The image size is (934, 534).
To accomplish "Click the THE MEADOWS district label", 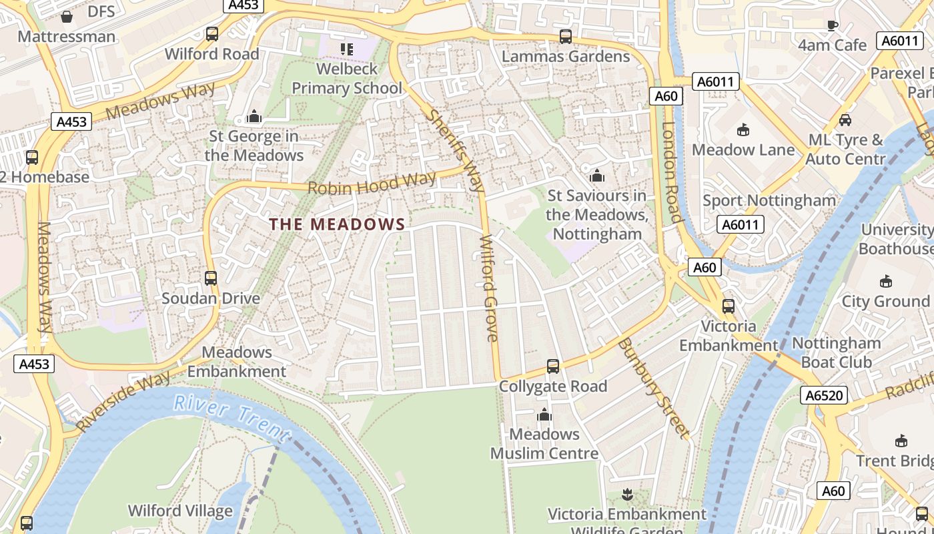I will point(338,224).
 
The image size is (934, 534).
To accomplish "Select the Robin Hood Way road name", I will point(372,183).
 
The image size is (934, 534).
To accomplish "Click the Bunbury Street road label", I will point(652,388).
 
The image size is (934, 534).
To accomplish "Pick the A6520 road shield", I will point(825,395).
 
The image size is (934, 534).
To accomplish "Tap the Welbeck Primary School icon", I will point(346,49).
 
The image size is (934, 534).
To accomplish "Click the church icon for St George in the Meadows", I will point(254,117).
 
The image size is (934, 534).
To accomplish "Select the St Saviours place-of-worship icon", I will point(596,176).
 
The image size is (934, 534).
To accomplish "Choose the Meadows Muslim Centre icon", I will point(544,415).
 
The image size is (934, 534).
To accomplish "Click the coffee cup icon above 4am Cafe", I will point(832,26).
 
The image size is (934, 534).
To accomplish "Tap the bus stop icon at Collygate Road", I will point(552,366).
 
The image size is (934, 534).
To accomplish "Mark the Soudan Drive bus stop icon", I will point(211,278).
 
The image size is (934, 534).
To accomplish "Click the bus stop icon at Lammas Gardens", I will point(565,37).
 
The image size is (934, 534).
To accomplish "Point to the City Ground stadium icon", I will point(885,281).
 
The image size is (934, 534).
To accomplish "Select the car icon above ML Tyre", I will point(845,120).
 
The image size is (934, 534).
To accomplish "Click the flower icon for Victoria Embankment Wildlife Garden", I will point(626,495).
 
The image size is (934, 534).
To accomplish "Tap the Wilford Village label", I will point(180,511).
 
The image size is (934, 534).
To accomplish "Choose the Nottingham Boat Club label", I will point(837,353).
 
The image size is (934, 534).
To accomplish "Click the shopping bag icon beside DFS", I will point(67,16).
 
